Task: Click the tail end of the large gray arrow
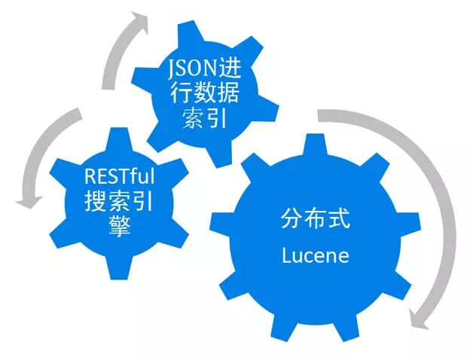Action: click(321, 115)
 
